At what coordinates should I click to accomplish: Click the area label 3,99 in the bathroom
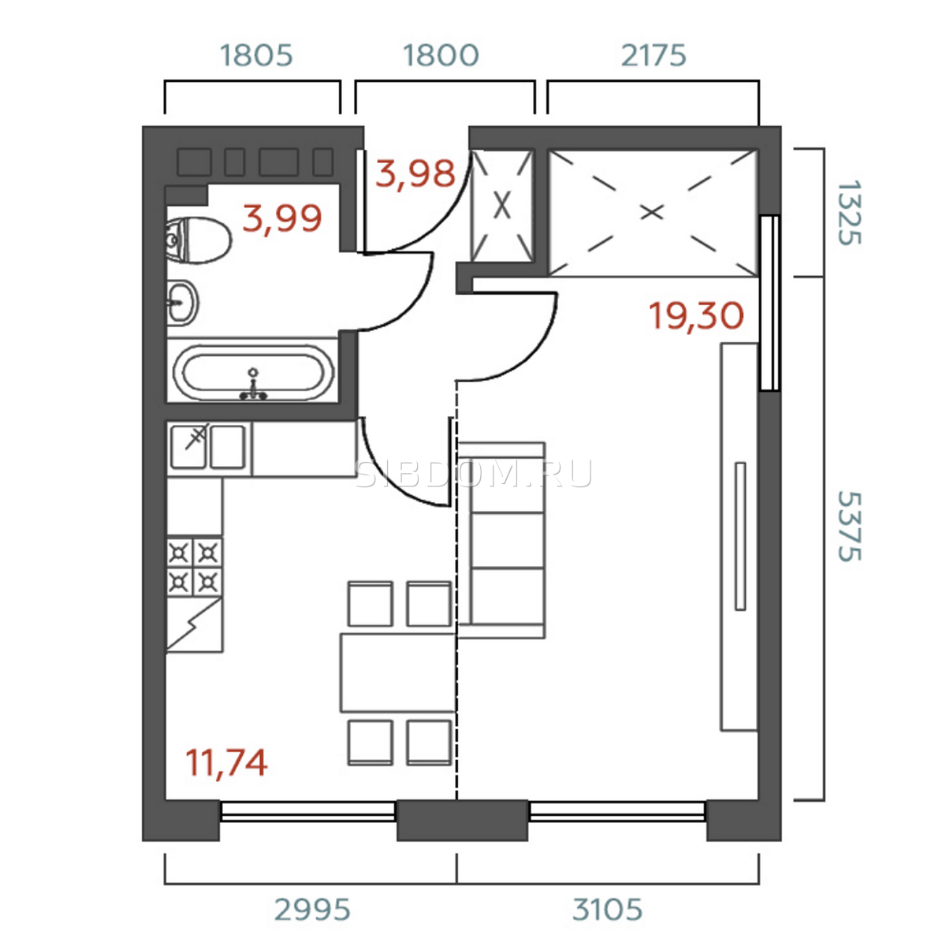[x=282, y=218]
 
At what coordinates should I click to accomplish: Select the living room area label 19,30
[x=696, y=315]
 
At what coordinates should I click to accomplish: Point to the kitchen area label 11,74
[x=226, y=762]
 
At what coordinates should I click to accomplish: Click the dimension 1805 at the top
[x=256, y=55]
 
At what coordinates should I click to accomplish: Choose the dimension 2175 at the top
[x=654, y=55]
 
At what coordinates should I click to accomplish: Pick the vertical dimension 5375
[x=849, y=527]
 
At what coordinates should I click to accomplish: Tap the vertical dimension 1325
[x=849, y=213]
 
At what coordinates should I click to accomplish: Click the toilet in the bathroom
[x=199, y=241]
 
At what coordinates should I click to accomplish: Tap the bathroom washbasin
[x=182, y=303]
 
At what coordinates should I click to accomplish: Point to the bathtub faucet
[x=253, y=385]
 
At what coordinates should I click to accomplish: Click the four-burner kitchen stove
[x=195, y=567]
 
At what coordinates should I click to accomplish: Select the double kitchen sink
[x=208, y=447]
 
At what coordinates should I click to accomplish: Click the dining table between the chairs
[x=397, y=672]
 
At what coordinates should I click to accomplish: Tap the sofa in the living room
[x=501, y=540]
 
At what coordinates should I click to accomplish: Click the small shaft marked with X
[x=501, y=206]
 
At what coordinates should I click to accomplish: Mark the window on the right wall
[x=769, y=303]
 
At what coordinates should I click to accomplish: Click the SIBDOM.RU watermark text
[x=473, y=474]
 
